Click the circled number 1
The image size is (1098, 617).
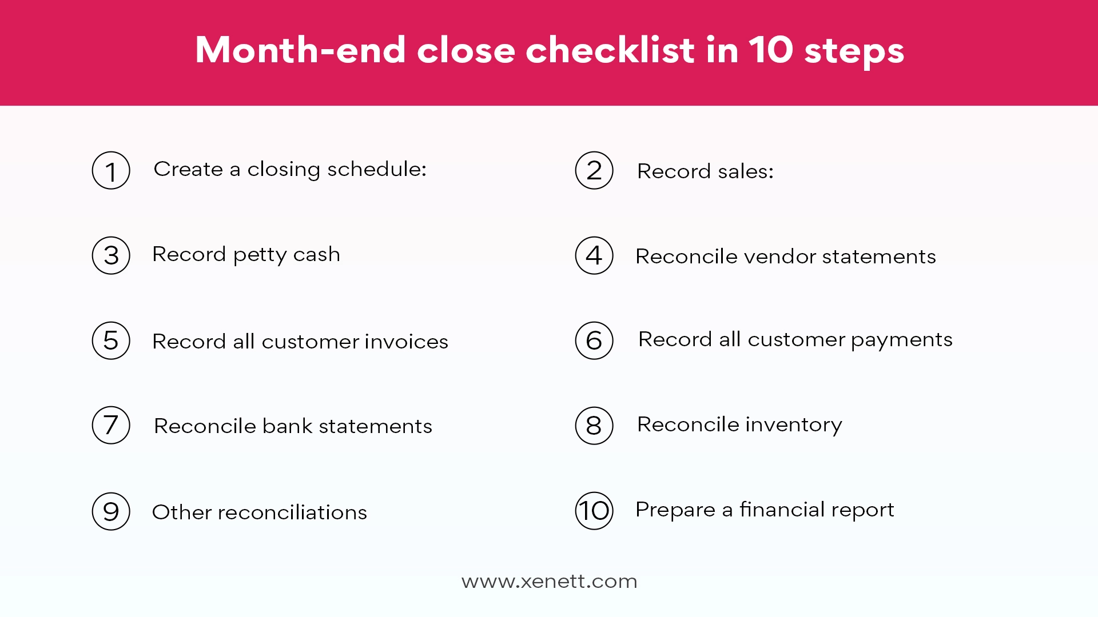pos(111,170)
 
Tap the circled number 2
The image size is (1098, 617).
pos(594,170)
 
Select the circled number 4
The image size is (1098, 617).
pos(594,255)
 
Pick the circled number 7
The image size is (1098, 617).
pos(111,425)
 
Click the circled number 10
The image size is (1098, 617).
pos(594,511)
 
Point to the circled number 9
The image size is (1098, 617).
pos(111,511)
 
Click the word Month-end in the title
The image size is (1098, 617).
pos(301,50)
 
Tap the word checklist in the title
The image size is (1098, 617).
pos(610,50)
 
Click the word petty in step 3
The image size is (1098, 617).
pos(260,255)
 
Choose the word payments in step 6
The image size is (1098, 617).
pos(901,340)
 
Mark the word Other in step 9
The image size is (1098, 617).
pos(182,512)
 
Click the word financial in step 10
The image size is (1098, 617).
pos(781,510)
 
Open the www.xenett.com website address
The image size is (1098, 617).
pos(549,582)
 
